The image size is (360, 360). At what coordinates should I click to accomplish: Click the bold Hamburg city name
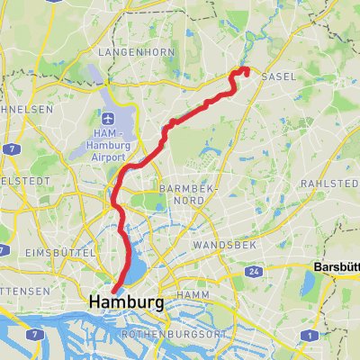click(x=126, y=303)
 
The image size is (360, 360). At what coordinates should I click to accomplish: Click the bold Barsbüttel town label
click(x=335, y=267)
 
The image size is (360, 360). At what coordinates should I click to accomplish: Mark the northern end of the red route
click(x=247, y=70)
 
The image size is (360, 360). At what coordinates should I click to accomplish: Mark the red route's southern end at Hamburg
click(x=114, y=290)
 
